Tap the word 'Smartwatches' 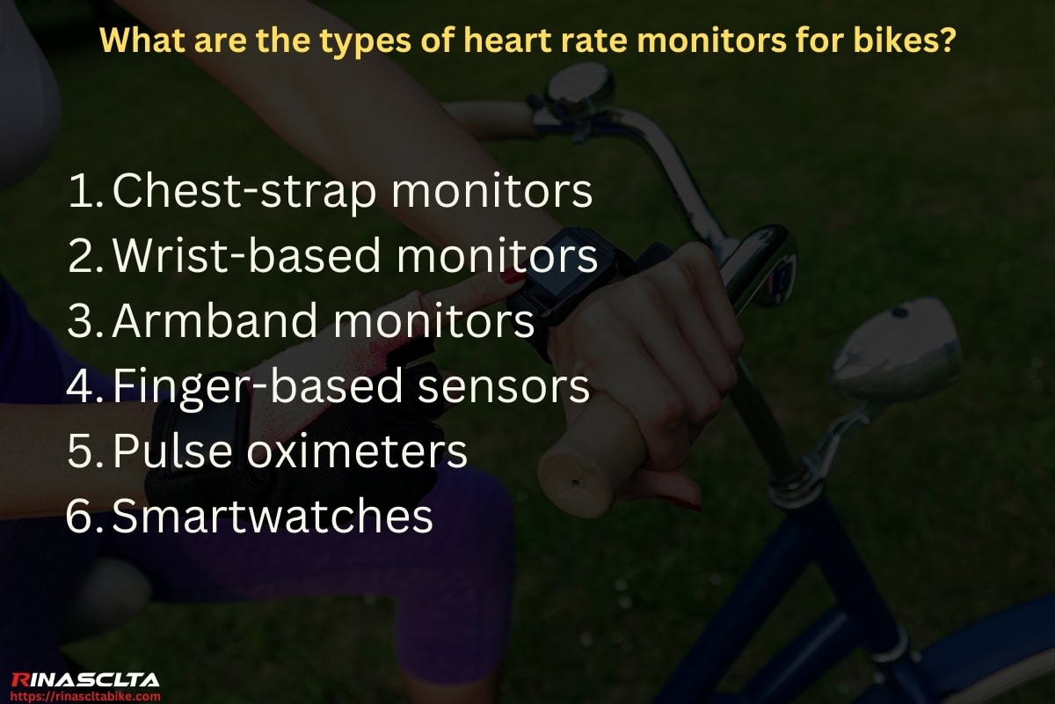pos(273,517)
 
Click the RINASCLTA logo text pos(84,678)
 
